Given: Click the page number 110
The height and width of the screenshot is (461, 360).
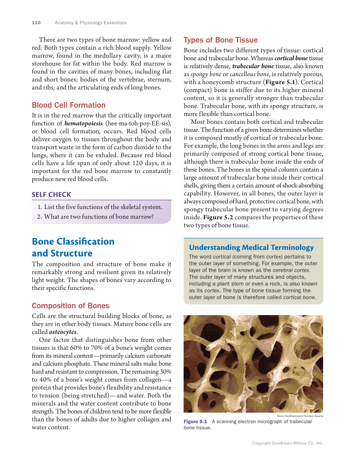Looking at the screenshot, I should click(x=36, y=22).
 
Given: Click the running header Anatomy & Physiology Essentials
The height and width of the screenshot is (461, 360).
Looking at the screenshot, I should click(x=90, y=22).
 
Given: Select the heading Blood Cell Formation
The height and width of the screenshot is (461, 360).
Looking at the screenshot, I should click(x=69, y=105).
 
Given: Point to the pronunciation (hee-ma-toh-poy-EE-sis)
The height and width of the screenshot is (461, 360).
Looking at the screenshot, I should click(x=139, y=123).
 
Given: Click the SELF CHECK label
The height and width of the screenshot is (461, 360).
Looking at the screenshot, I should click(x=51, y=195).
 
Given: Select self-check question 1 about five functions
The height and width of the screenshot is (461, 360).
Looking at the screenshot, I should click(x=99, y=207).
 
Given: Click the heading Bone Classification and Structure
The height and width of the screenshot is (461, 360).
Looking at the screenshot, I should click(x=73, y=247).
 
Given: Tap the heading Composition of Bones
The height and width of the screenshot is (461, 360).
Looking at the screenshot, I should click(x=70, y=306).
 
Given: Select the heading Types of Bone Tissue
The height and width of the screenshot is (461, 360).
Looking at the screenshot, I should click(x=220, y=40).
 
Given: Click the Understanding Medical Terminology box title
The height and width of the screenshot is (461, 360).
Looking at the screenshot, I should click(x=251, y=248).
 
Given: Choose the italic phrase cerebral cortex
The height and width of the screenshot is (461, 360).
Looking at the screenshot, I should click(x=290, y=270).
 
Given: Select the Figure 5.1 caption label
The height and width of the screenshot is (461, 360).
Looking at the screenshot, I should click(x=195, y=422).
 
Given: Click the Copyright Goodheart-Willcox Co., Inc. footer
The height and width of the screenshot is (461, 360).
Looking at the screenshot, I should click(x=287, y=443).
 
